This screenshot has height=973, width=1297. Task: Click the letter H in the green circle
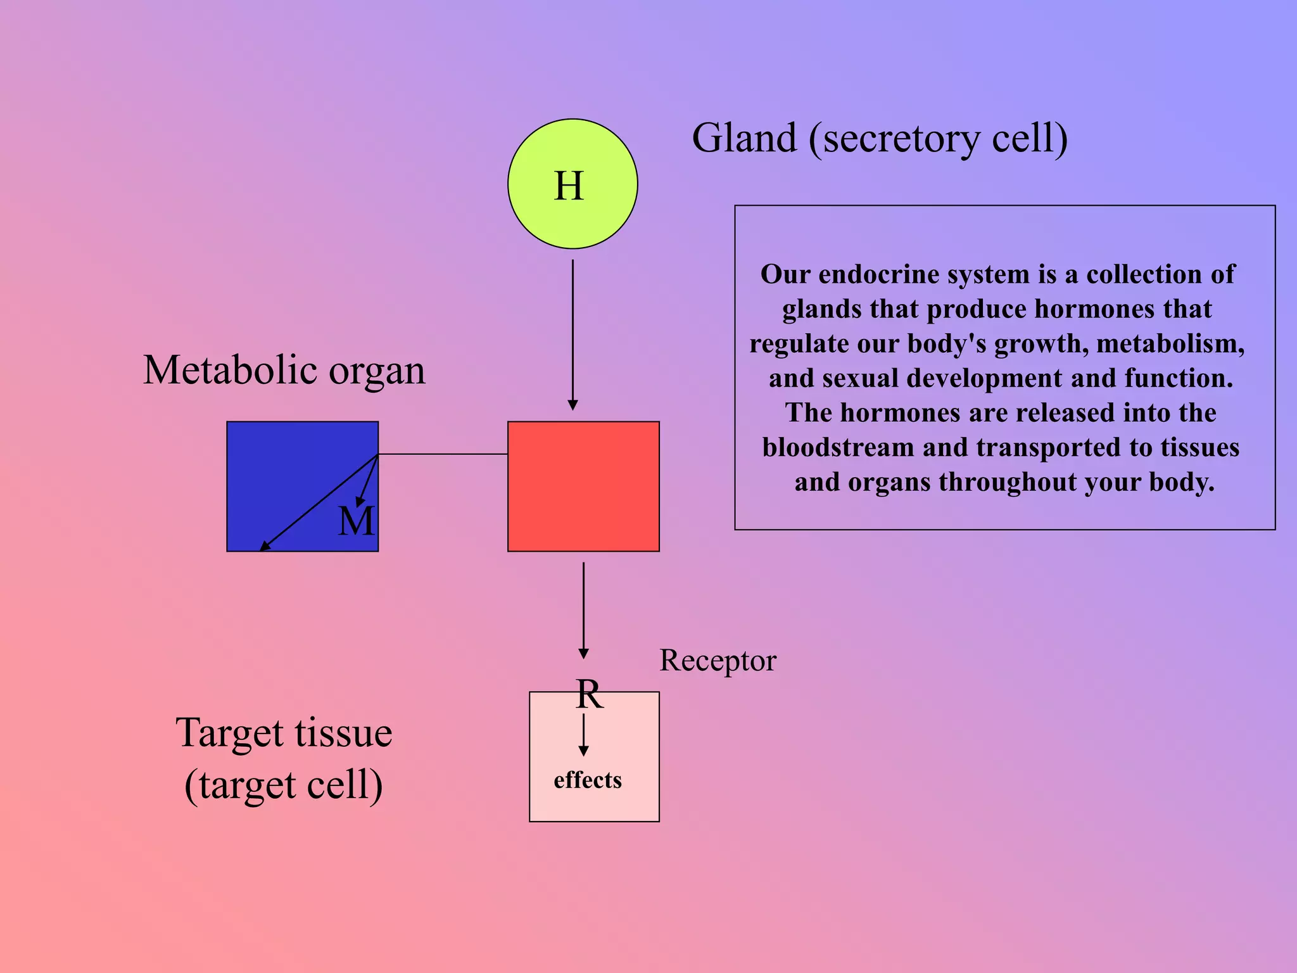tap(568, 186)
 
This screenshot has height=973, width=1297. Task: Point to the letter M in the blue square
tap(356, 521)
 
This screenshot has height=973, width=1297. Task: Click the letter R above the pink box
tap(589, 694)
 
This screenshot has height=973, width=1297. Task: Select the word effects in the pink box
tap(588, 780)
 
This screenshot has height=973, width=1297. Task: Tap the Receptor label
tap(718, 661)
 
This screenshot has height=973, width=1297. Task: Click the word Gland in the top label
tap(744, 138)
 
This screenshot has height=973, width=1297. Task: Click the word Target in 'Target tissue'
tap(229, 733)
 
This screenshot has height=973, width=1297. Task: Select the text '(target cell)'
tap(284, 785)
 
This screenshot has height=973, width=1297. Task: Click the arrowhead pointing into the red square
tap(573, 405)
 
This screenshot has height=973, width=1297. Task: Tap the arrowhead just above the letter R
tap(583, 654)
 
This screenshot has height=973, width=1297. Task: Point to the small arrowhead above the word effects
tap(583, 751)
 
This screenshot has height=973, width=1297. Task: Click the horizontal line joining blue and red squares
tap(443, 454)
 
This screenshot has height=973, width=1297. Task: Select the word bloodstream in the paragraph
tap(838, 447)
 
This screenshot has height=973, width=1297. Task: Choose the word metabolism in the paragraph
tap(1170, 343)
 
